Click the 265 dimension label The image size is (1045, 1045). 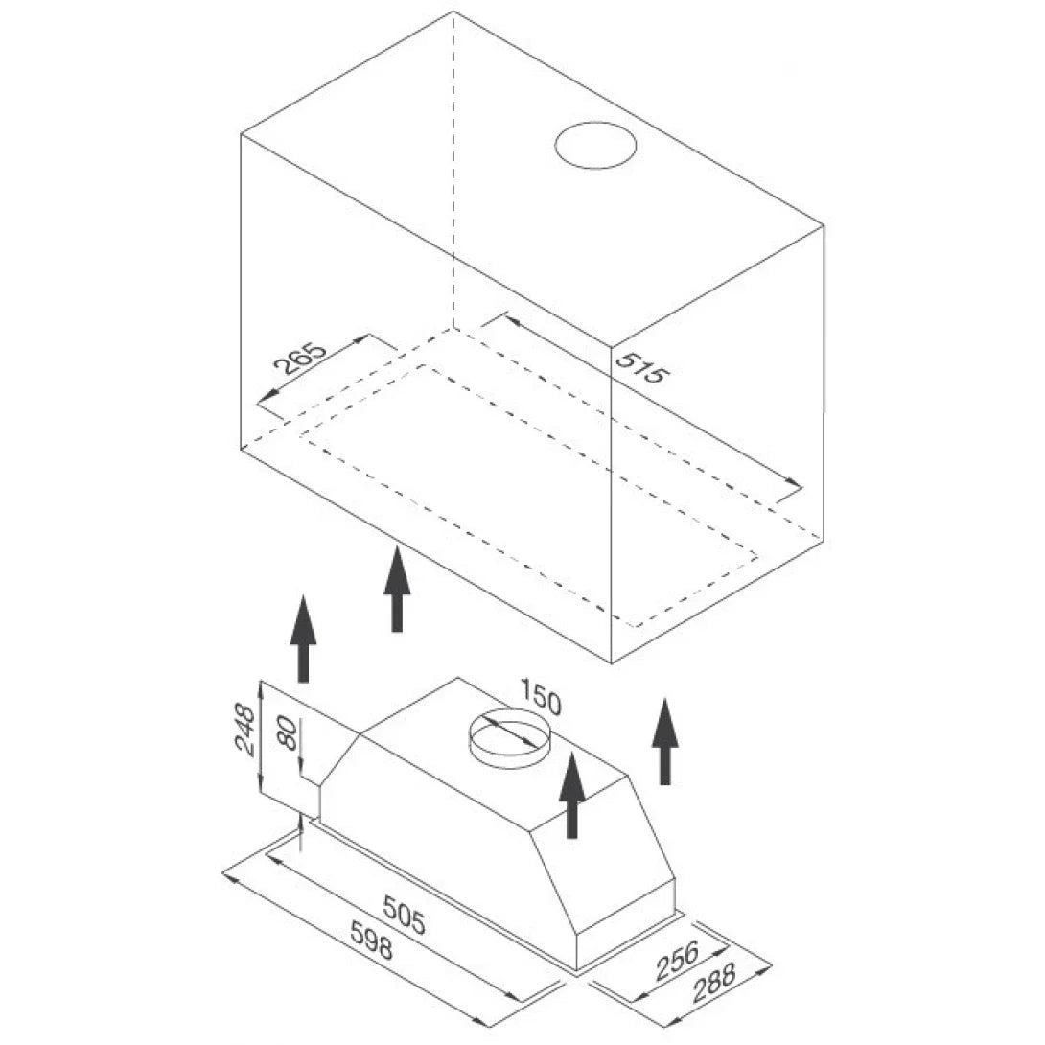pos(301,360)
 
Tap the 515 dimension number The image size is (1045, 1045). pos(639,367)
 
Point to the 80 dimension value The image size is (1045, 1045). pos(289,733)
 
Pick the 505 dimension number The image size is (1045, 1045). pos(404,915)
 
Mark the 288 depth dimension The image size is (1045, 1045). pos(714,983)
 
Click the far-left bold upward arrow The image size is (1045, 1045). pos(303,639)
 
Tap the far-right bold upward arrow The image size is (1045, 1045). pos(664,741)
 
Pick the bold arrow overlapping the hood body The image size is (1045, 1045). pos(571,795)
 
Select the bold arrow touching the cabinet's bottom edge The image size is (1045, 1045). pos(397,589)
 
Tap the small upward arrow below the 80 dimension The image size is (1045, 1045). pos(302,832)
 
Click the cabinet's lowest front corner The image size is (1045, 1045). pos(612,663)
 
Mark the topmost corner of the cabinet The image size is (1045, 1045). pos(453,12)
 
